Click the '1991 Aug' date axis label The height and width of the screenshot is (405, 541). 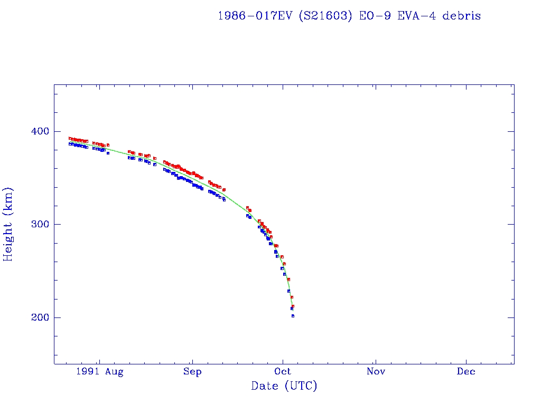[x=99, y=372]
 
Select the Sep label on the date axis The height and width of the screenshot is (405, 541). [x=192, y=372]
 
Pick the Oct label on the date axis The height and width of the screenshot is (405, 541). [x=283, y=372]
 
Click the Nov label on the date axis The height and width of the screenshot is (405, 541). [x=375, y=372]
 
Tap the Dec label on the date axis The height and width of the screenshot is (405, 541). [x=467, y=372]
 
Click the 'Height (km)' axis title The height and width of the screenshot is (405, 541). [x=8, y=224]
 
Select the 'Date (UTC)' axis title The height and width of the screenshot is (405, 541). [x=284, y=387]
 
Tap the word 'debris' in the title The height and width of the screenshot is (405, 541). [x=462, y=16]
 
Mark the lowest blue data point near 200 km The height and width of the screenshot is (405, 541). [x=293, y=316]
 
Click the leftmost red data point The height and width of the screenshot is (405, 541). [x=70, y=138]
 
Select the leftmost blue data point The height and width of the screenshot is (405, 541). [x=70, y=143]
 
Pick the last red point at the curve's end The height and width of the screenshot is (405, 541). [x=293, y=306]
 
